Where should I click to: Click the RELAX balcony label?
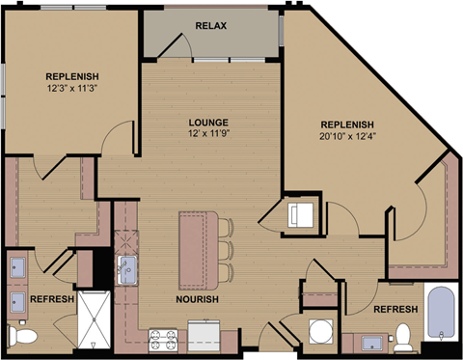[210, 25]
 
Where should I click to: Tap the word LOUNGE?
[209, 123]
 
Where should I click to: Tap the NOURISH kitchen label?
[197, 300]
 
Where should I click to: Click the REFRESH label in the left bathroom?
[52, 300]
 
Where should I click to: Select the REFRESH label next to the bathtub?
[395, 309]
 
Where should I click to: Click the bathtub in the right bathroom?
[442, 317]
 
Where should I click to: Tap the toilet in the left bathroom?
[21, 336]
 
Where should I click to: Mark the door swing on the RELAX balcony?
[176, 42]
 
